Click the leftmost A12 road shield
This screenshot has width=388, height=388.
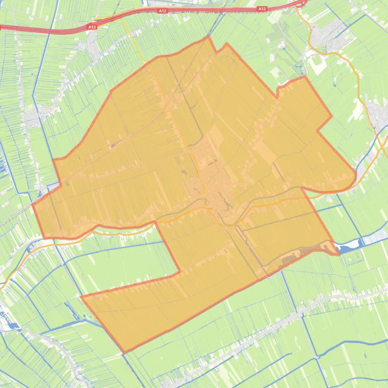92,27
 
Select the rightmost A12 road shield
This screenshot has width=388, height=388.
262,9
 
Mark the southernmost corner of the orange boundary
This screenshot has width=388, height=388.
124,352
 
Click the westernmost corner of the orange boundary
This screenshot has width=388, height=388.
33,206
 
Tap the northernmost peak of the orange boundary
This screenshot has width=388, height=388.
208,36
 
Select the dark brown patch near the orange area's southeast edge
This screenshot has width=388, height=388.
290,259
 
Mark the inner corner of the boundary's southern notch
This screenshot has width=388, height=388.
180,273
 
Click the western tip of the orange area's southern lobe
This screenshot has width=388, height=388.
82,297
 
